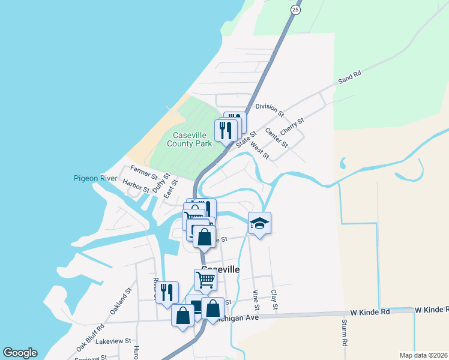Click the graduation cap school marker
coord(259,224)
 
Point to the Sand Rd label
coord(349,77)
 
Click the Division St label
coord(269,108)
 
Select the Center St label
coord(277,140)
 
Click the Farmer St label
coord(143,173)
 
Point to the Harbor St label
coord(136,185)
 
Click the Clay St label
coord(274,300)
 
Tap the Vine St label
coord(256,300)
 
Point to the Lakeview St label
coord(113,341)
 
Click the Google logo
coord(20,353)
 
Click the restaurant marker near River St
coord(167,293)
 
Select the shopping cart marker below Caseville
coord(205,280)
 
